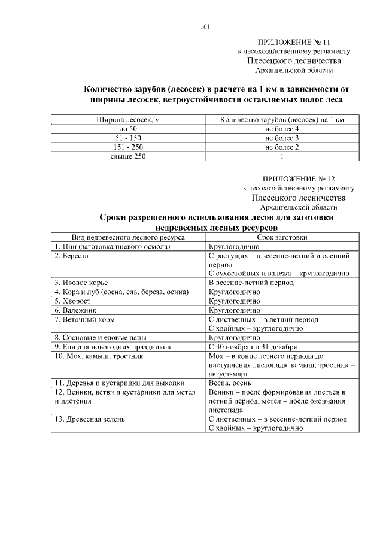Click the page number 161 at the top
pyautogui.click(x=205, y=26)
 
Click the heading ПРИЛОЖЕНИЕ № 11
pyautogui.click(x=294, y=43)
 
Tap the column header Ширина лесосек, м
pyautogui.click(x=128, y=120)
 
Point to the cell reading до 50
pyautogui.click(x=128, y=129)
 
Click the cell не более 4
pyautogui.click(x=281, y=129)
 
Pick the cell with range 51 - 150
pyautogui.click(x=128, y=138)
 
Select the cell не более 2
pyautogui.click(x=281, y=147)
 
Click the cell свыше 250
pyautogui.click(x=128, y=156)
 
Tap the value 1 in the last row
pyautogui.click(x=281, y=156)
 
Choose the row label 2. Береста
pyautogui.click(x=72, y=256)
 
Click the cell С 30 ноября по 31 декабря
pyautogui.click(x=254, y=347)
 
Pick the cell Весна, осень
pyautogui.click(x=229, y=383)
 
